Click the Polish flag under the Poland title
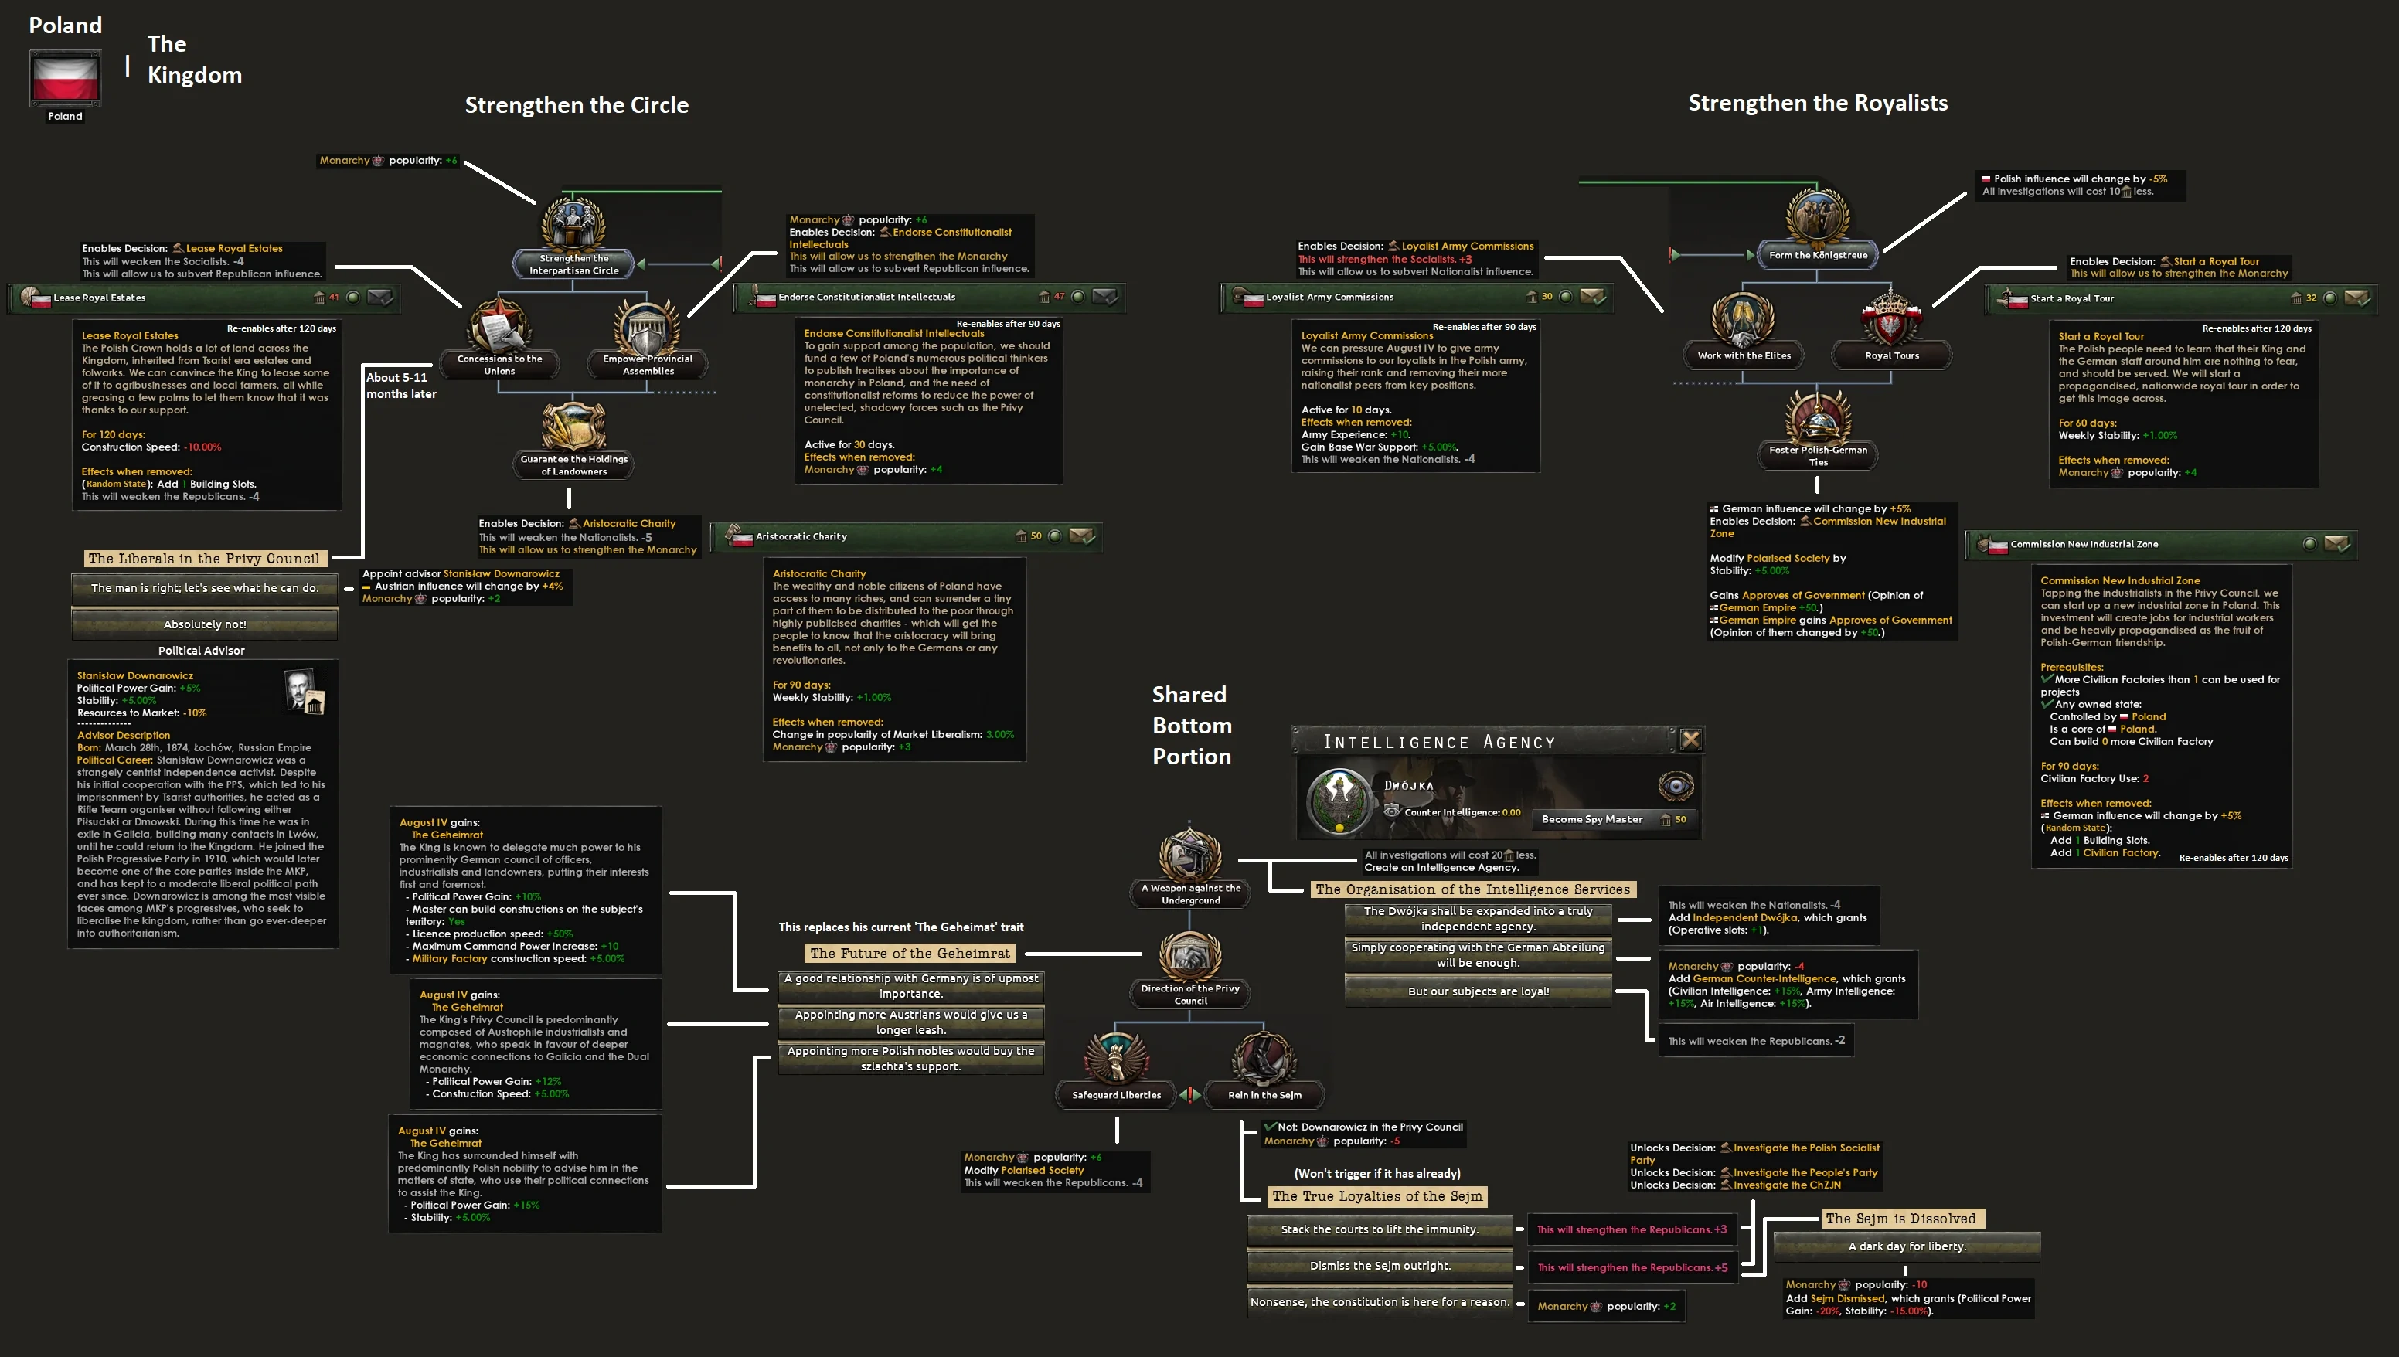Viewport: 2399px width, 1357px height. point(65,78)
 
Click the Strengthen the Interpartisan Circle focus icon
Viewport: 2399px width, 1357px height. point(573,225)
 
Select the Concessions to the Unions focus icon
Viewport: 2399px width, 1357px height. point(499,326)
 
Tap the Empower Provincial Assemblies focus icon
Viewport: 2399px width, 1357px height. point(647,326)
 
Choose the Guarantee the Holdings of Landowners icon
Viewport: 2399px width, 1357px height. point(573,426)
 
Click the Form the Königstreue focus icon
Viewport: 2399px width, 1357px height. point(1818,217)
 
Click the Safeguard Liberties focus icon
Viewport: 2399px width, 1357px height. point(1115,1059)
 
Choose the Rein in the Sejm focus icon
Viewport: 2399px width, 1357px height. point(1264,1059)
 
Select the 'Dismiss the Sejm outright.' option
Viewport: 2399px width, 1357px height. point(1380,1266)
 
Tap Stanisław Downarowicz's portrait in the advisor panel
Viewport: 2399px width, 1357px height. point(304,692)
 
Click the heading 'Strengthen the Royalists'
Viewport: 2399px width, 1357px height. point(1818,104)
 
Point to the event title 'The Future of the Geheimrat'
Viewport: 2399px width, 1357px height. point(910,954)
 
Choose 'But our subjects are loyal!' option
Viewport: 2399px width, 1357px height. point(1479,991)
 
